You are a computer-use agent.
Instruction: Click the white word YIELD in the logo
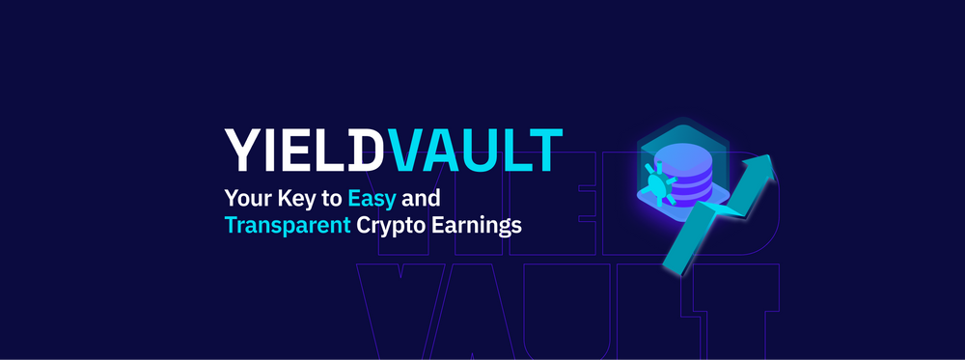302,151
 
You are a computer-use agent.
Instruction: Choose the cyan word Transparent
288,226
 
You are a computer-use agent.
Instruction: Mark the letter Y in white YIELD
241,151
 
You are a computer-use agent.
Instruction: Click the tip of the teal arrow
771,156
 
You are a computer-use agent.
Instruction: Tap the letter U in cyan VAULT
479,151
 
